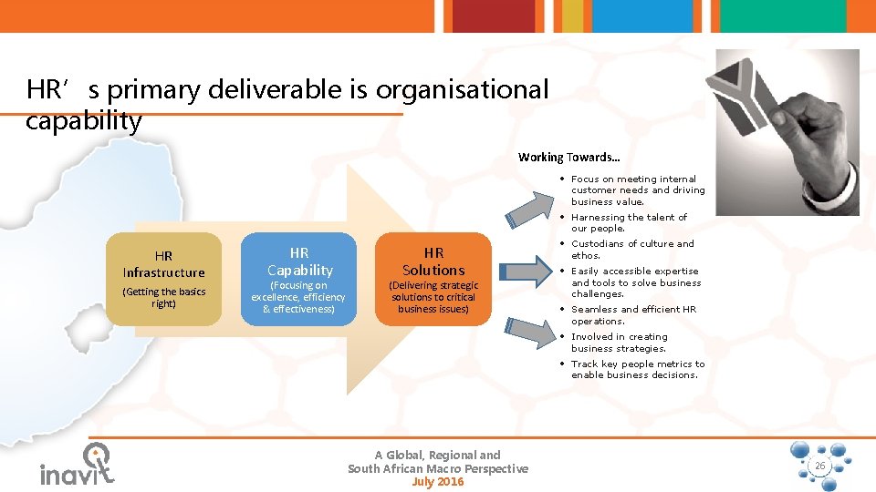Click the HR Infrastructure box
pyautogui.click(x=164, y=279)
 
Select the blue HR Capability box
pyautogui.click(x=298, y=279)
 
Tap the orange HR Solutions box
pyautogui.click(x=433, y=279)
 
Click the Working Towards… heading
pyautogui.click(x=568, y=157)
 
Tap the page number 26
pyautogui.click(x=819, y=466)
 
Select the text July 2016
pyautogui.click(x=438, y=481)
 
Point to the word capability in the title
pyautogui.click(x=84, y=121)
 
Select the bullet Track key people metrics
pyautogui.click(x=637, y=369)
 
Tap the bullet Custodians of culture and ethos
pyautogui.click(x=631, y=250)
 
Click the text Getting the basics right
pyautogui.click(x=164, y=297)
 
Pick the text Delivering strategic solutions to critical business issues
pyautogui.click(x=433, y=297)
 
